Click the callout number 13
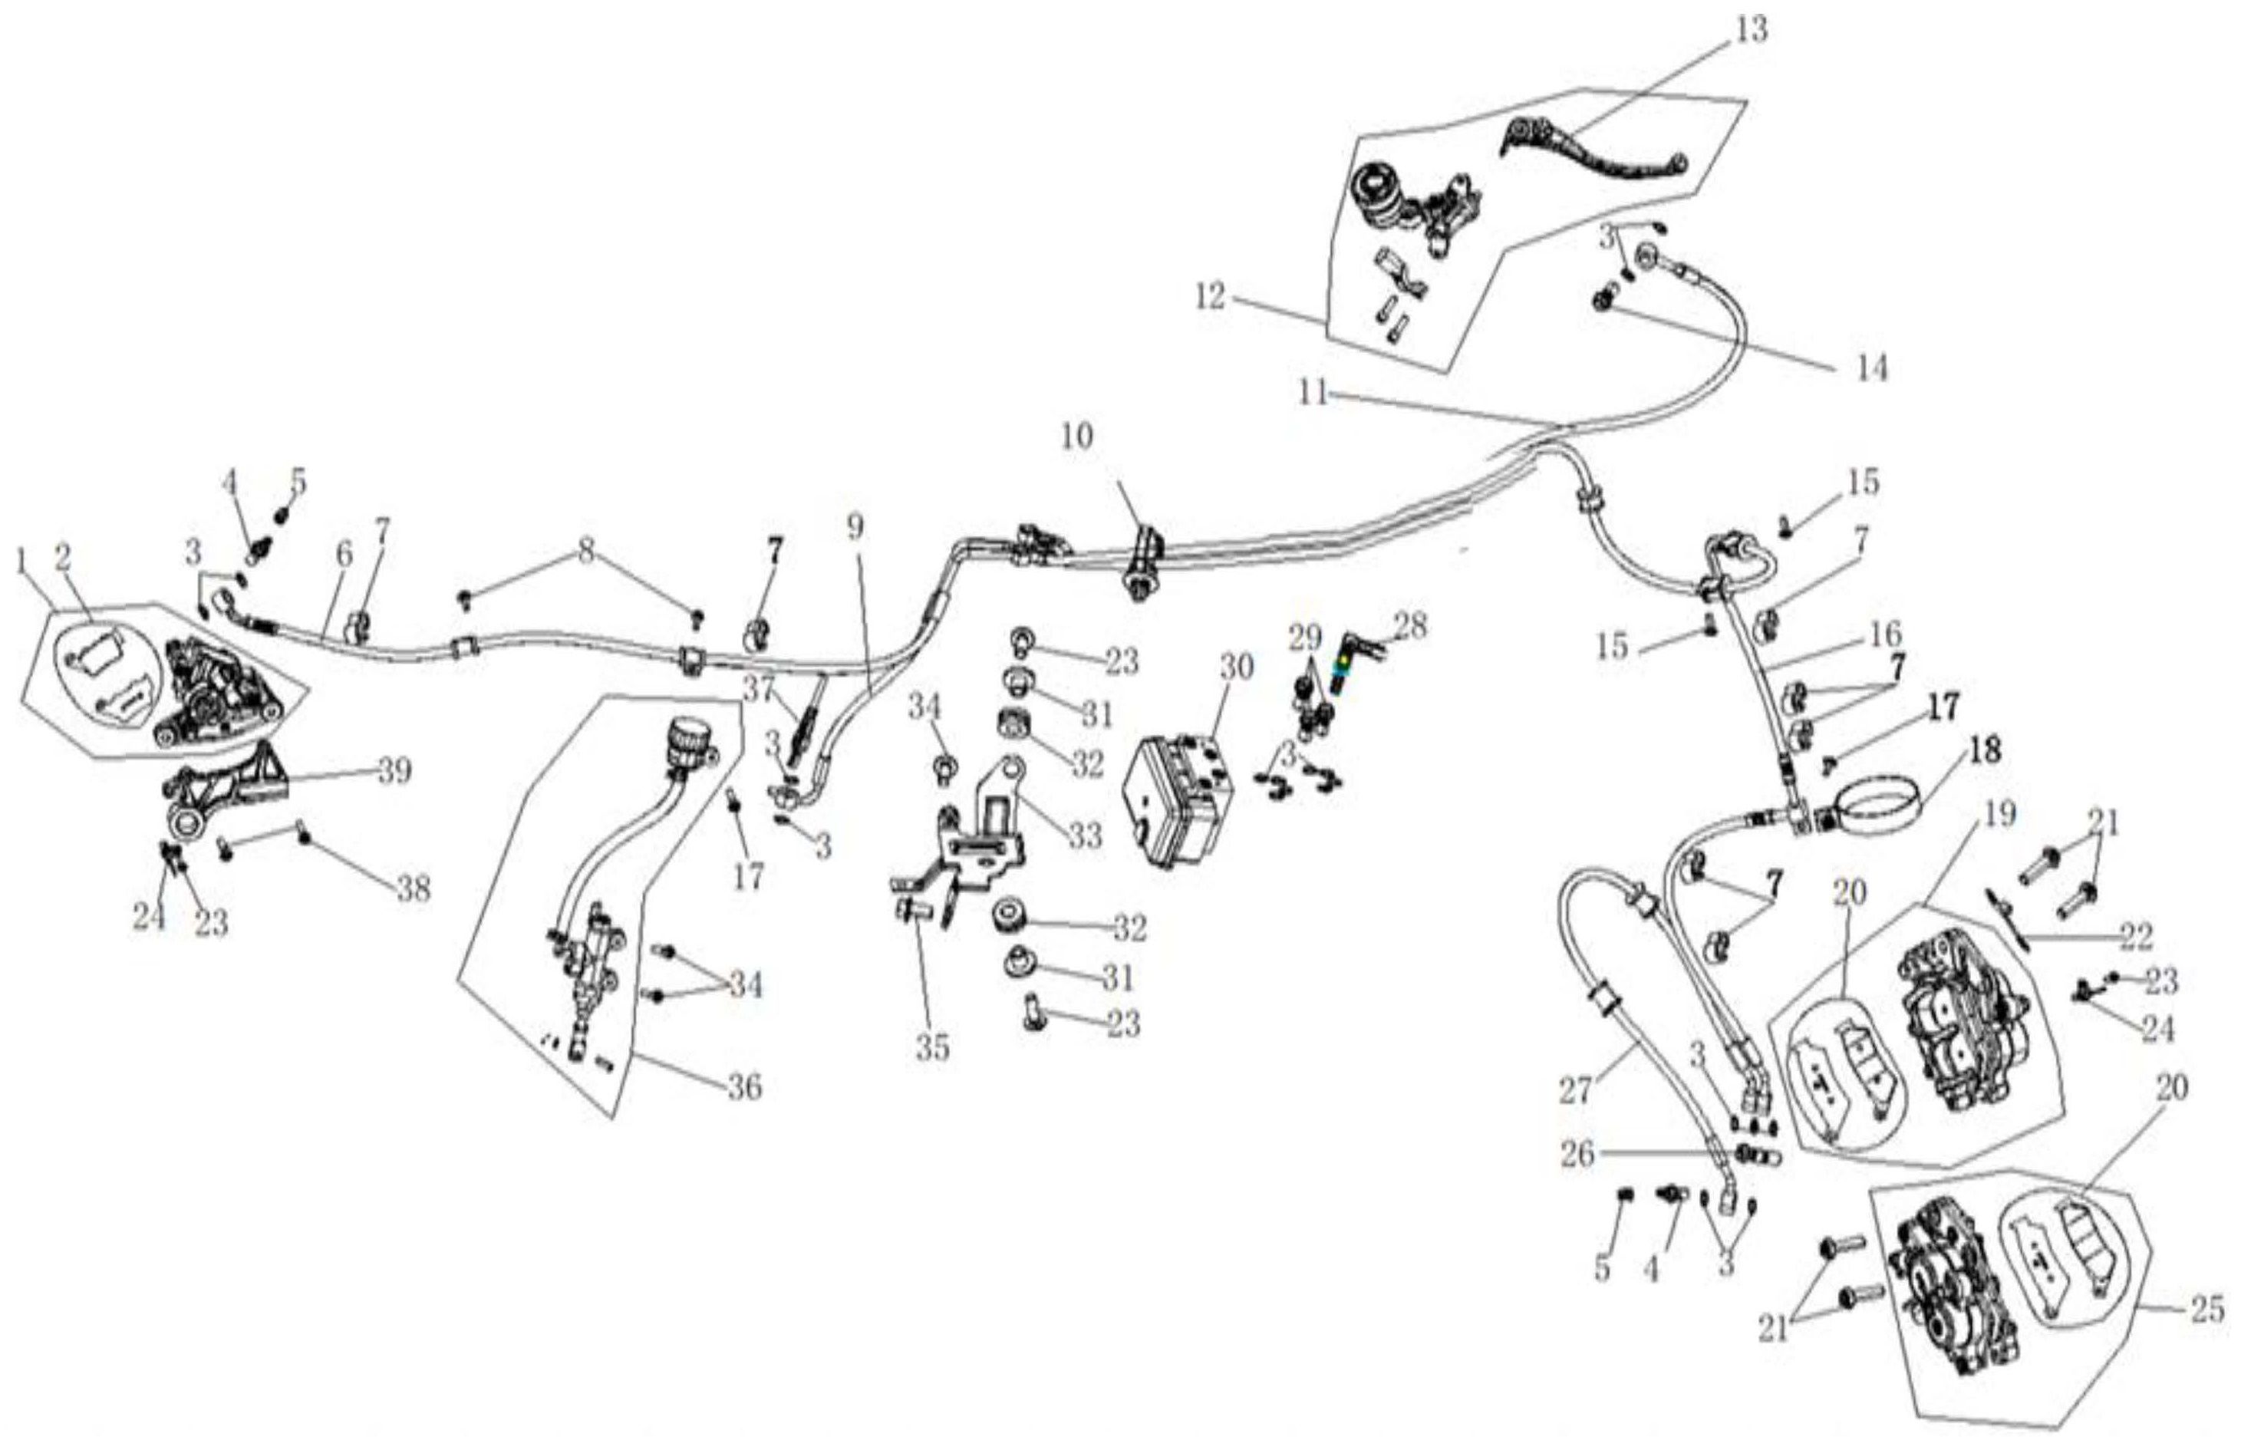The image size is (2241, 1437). coord(1752,30)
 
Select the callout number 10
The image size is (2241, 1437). coord(1076,437)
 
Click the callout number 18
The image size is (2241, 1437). coord(1986,751)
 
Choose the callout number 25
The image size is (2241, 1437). coord(2207,1310)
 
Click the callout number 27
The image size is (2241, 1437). coord(1576,1090)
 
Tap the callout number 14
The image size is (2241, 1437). coord(1870,367)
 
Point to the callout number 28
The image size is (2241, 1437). coord(1409,626)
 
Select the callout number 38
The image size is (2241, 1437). coord(414,889)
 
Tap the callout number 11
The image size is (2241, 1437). coord(1313,394)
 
